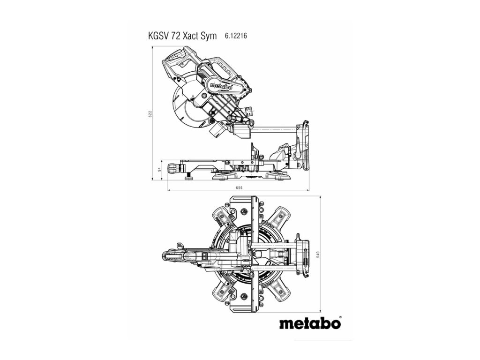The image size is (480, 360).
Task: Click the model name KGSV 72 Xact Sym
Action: [182, 36]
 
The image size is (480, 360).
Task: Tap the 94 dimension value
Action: [159, 169]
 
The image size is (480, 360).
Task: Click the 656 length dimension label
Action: [238, 187]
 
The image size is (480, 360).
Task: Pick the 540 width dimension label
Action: [318, 254]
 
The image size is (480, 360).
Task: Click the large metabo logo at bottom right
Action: [310, 323]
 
